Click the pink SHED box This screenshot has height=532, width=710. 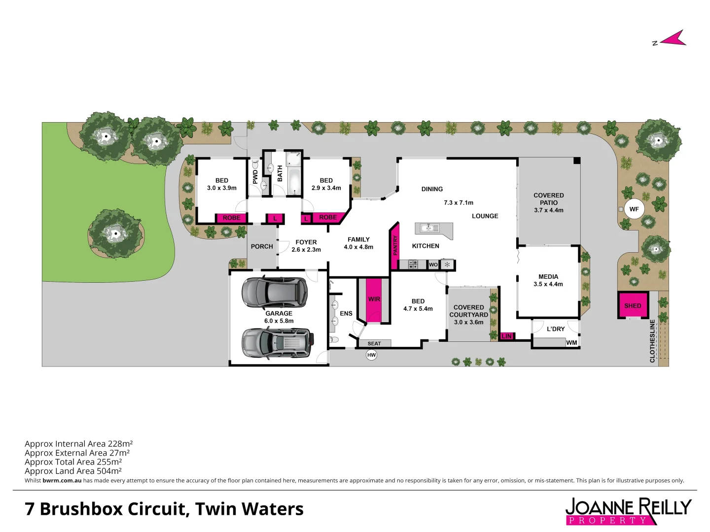click(x=633, y=305)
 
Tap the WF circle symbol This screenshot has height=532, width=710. click(x=634, y=209)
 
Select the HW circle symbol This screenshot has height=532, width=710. click(x=371, y=355)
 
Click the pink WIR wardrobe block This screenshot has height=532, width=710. click(x=374, y=300)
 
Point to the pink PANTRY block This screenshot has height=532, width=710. click(x=395, y=246)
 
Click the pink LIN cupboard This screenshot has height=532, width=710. click(x=506, y=336)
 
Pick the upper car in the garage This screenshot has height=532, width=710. click(x=274, y=293)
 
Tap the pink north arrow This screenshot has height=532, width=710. click(x=674, y=39)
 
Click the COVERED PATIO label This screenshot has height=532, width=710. click(x=548, y=199)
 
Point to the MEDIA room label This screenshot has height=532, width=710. click(x=548, y=277)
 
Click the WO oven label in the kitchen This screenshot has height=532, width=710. click(x=433, y=265)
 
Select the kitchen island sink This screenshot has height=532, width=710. click(x=429, y=228)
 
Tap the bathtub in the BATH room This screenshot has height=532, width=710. click(x=293, y=182)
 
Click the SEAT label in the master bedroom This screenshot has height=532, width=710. click(x=374, y=343)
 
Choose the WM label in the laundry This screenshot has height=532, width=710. click(x=571, y=343)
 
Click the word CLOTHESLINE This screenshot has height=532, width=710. click(x=652, y=341)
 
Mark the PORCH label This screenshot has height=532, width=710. click(x=262, y=246)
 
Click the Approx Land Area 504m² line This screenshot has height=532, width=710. click(x=73, y=471)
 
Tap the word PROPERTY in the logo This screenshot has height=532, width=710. click(x=607, y=520)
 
